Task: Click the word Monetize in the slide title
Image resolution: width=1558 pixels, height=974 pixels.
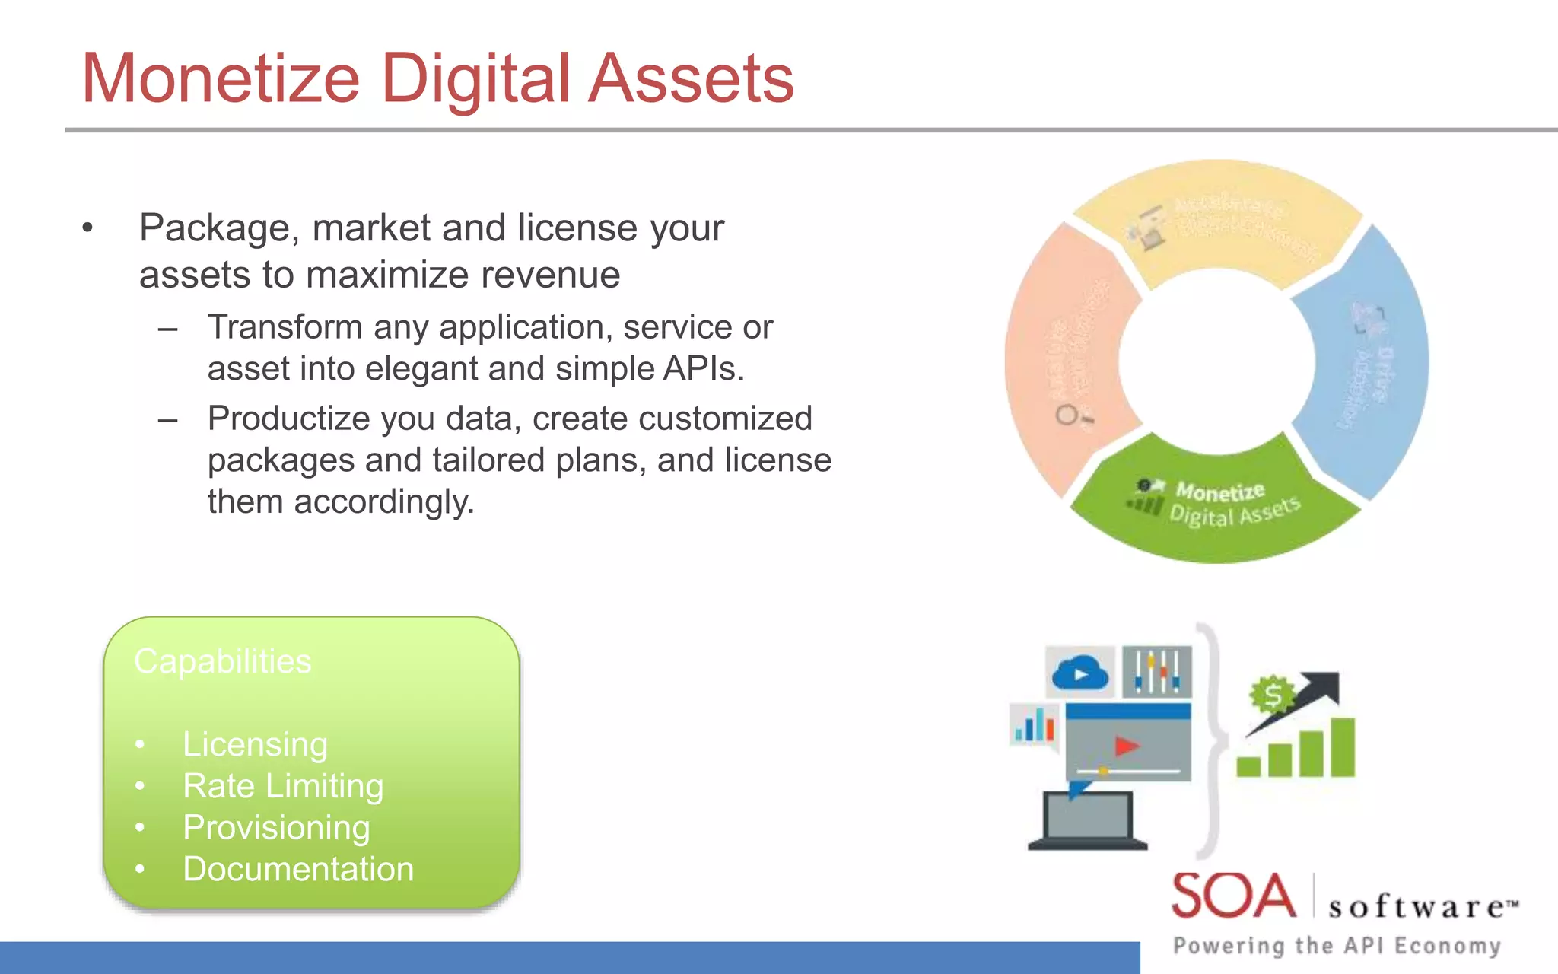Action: click(x=221, y=79)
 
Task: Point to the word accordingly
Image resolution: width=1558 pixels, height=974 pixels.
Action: click(x=383, y=502)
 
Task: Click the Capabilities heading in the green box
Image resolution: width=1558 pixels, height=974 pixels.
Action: click(x=223, y=661)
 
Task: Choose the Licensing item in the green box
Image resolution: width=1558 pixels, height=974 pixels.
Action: click(x=255, y=744)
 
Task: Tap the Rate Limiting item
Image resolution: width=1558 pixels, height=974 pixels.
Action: click(x=283, y=786)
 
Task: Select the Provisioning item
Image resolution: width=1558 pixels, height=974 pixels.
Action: click(x=276, y=828)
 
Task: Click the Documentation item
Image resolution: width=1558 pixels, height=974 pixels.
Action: click(x=298, y=869)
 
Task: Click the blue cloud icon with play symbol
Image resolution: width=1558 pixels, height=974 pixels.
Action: click(x=1079, y=673)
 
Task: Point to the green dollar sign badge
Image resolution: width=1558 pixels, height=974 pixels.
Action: click(x=1272, y=695)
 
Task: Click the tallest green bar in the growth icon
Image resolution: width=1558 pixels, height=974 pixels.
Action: click(x=1343, y=746)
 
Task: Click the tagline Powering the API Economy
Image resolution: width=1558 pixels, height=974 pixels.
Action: click(x=1337, y=946)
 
